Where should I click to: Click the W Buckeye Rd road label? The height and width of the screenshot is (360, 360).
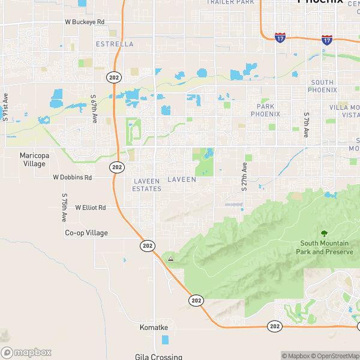tap(85, 22)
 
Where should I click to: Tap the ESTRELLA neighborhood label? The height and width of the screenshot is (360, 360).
tap(115, 44)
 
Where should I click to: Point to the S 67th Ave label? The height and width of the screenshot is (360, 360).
tap(94, 109)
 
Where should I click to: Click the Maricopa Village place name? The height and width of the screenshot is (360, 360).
tap(34, 159)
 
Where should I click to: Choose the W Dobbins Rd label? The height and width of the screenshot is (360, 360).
tap(72, 178)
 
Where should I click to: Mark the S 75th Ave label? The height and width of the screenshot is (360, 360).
tap(64, 205)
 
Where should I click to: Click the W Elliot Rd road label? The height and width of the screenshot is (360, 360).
tap(91, 208)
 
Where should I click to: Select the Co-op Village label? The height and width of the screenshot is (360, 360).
tap(86, 233)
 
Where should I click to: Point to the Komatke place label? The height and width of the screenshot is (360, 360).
tap(154, 328)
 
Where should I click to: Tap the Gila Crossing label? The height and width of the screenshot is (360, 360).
tap(158, 356)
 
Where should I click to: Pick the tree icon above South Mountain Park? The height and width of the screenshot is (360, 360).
tap(325, 233)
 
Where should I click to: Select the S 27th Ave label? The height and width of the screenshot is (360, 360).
tap(244, 176)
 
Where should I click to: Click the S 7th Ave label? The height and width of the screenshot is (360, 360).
tap(306, 122)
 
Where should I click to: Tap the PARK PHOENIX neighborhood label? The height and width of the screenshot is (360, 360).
tap(265, 110)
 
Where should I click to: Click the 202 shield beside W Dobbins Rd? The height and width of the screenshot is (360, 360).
tap(117, 167)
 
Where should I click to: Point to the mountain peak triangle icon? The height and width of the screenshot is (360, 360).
tap(171, 259)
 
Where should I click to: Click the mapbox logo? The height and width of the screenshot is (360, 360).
tap(26, 353)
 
